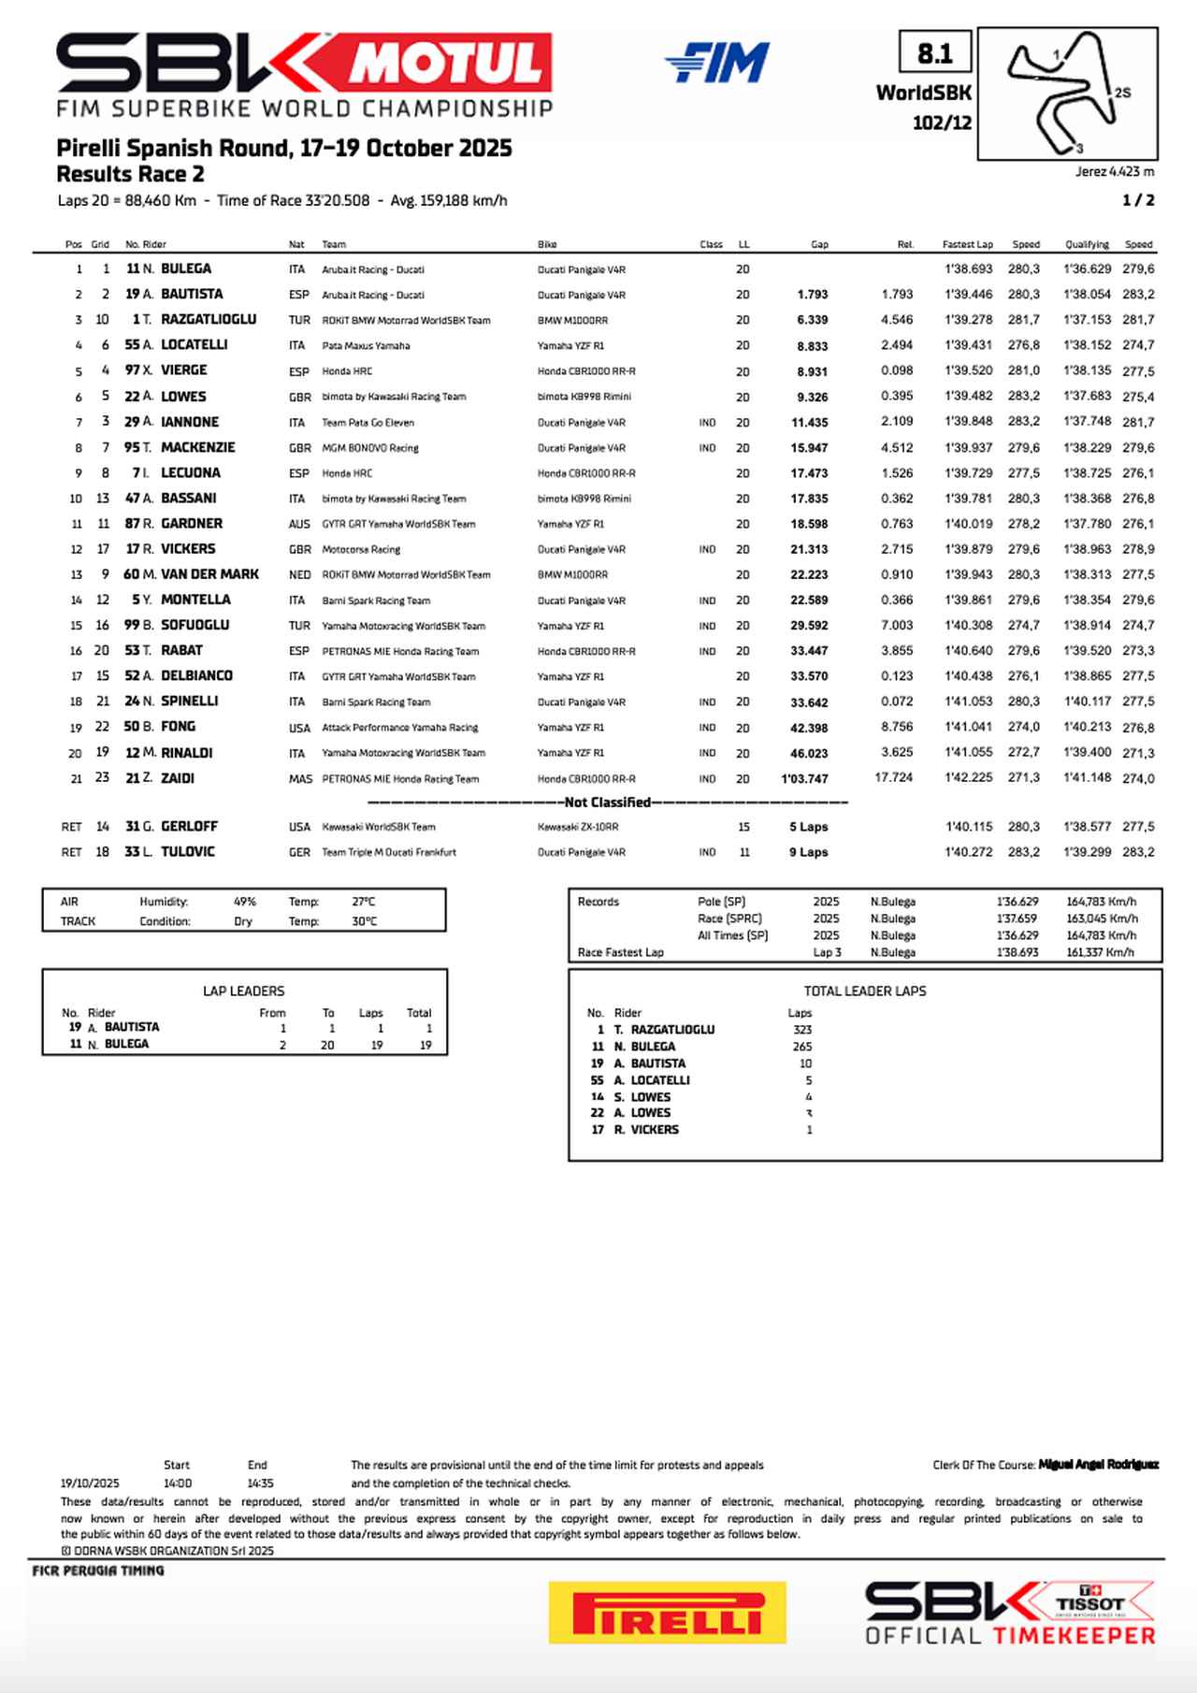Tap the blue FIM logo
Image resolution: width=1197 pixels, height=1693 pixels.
[x=717, y=64]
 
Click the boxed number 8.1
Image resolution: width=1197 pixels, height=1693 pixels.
[x=934, y=53]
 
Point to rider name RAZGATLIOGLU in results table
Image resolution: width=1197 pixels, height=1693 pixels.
[x=209, y=319]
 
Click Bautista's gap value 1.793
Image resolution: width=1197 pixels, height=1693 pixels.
[x=812, y=295]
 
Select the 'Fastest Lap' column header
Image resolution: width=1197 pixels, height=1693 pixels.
[x=967, y=244]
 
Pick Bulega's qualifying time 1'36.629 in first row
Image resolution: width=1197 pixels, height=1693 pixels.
[x=1087, y=269]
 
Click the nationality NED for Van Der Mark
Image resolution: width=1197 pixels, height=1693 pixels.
[x=299, y=574]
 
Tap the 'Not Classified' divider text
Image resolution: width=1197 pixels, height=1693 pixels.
[x=608, y=803]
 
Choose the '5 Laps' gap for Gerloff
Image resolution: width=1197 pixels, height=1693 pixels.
[x=808, y=827]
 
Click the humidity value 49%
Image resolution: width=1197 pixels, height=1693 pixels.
[x=244, y=902]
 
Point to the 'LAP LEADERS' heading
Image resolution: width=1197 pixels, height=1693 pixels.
[x=243, y=991]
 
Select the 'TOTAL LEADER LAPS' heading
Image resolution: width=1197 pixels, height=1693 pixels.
[x=865, y=991]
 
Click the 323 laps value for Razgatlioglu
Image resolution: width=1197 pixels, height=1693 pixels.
[x=801, y=1030]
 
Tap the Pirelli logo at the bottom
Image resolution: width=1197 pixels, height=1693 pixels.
[x=668, y=1613]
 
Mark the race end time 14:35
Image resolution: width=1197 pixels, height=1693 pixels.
[x=260, y=1483]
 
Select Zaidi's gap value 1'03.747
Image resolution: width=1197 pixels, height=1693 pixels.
[x=804, y=778]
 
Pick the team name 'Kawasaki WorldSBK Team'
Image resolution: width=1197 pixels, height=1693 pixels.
[x=379, y=827]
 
